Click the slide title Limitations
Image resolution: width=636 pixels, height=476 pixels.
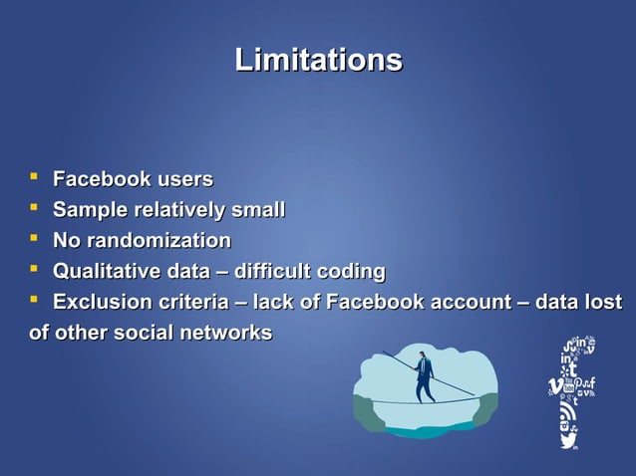tap(318, 60)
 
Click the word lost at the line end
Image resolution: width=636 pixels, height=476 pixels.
tap(602, 302)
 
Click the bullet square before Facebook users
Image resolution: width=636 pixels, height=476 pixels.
tap(35, 180)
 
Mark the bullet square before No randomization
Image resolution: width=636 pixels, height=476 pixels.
tap(35, 241)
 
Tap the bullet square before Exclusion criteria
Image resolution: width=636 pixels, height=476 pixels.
tap(35, 302)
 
